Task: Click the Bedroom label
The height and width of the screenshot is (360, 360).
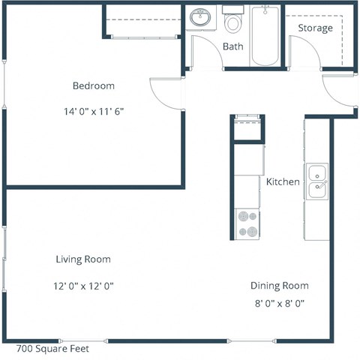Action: [93, 85]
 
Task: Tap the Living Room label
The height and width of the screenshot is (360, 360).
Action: [82, 259]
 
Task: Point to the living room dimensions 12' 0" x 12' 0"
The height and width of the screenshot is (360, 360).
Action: [82, 286]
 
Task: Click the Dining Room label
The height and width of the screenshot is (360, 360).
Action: [279, 286]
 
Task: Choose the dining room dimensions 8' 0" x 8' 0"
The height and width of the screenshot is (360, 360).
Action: [279, 304]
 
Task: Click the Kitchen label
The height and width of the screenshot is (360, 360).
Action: [283, 182]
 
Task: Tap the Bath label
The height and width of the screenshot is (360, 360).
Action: [232, 46]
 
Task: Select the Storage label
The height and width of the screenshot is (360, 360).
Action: [315, 28]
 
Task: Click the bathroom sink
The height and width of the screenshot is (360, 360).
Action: [200, 17]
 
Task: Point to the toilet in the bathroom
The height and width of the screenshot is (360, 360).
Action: [234, 22]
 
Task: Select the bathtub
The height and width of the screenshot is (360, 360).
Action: [264, 36]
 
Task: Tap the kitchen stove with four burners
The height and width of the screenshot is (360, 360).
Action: [247, 223]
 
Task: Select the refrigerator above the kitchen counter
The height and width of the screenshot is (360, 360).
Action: [247, 129]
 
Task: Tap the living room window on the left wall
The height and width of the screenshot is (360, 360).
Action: [5, 259]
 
